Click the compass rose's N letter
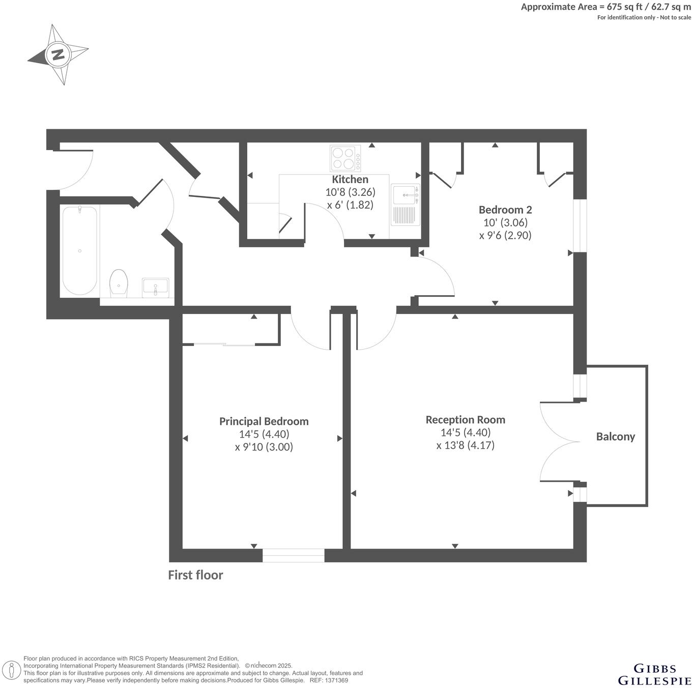(59, 54)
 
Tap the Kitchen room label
(350, 180)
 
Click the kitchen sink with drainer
(406, 205)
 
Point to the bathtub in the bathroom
(79, 250)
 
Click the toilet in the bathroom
(119, 282)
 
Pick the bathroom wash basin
(155, 287)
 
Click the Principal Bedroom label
(264, 421)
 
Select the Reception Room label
(465, 420)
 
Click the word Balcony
(615, 437)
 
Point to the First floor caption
(195, 575)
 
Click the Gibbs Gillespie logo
(654, 674)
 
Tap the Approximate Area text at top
(605, 7)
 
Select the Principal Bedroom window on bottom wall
(293, 555)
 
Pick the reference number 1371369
(336, 680)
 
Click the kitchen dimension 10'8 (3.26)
(350, 192)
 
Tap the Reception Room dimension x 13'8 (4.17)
(465, 445)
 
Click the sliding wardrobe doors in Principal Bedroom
(224, 345)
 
